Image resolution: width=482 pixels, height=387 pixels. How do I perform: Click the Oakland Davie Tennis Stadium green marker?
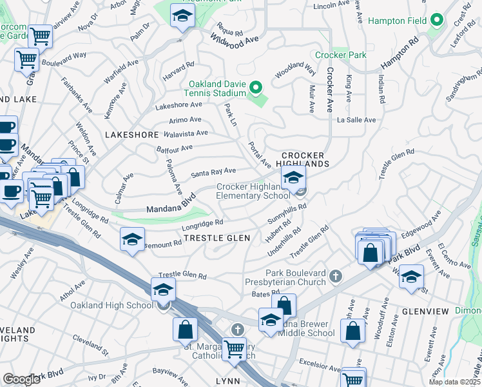click(256, 86)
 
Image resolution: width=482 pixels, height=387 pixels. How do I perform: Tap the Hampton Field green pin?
click(436, 21)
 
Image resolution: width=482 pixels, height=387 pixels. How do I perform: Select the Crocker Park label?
click(340, 55)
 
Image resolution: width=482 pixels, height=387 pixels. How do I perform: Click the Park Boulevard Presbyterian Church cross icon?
click(334, 277)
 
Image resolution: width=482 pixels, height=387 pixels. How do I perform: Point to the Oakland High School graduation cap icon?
click(163, 290)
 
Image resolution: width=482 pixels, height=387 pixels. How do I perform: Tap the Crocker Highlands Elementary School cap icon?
click(293, 177)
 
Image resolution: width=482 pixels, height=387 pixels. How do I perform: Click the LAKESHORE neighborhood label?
click(131, 135)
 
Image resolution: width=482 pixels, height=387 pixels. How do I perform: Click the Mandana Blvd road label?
click(170, 208)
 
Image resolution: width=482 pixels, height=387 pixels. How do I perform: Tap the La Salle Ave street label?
click(356, 120)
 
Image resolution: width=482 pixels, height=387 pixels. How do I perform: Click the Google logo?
click(21, 379)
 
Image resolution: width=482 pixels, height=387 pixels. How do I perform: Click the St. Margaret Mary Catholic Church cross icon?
click(237, 330)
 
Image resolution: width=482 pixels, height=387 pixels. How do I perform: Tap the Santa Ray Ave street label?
click(213, 172)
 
